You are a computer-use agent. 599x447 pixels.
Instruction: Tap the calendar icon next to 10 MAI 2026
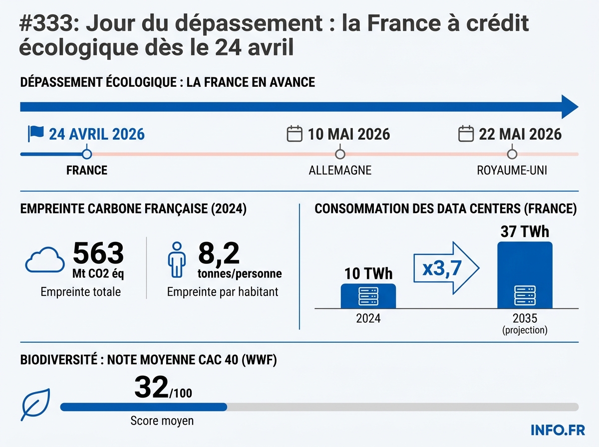[295, 134]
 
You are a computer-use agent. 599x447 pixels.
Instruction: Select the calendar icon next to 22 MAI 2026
[466, 134]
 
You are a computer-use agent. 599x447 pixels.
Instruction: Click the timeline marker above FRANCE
[87, 154]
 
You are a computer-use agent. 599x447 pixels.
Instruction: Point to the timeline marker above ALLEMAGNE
[340, 154]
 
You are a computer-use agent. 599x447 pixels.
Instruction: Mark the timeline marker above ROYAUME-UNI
[512, 154]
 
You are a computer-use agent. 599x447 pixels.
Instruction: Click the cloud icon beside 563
[45, 260]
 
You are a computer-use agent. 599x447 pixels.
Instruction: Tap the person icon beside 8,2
[177, 260]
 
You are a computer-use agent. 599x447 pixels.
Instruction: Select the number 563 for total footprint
[98, 253]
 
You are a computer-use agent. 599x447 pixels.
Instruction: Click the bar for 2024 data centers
[368, 296]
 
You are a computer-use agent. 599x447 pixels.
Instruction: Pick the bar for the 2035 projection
[525, 275]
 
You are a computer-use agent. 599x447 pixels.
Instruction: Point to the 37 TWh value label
[525, 232]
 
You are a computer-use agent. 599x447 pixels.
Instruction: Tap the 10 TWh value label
[368, 274]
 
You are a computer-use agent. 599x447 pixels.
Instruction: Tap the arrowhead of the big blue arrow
[569, 107]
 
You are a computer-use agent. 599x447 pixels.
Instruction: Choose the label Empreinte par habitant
[223, 292]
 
